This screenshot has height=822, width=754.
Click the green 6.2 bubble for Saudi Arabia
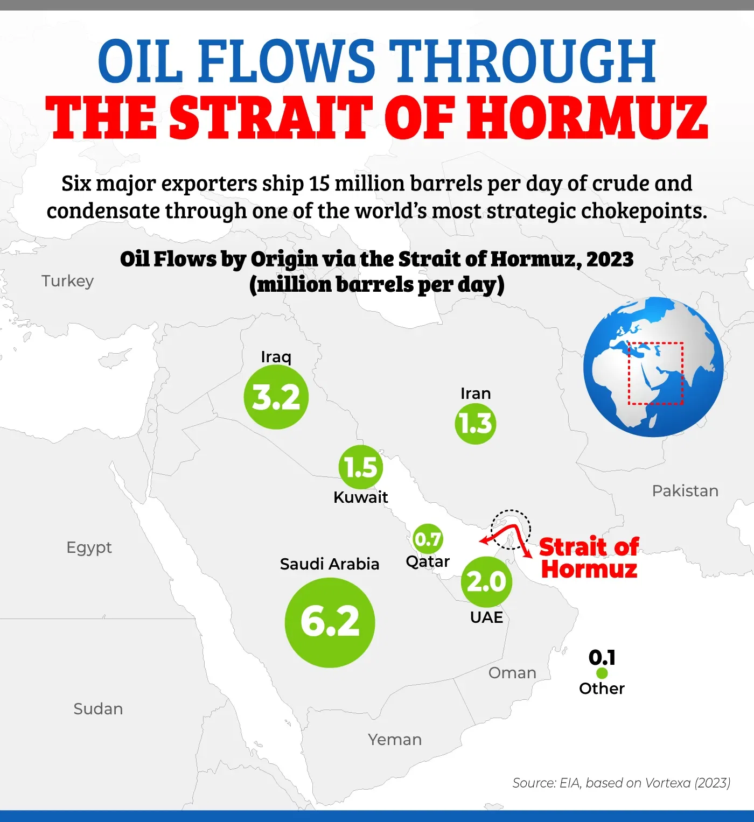coord(330,622)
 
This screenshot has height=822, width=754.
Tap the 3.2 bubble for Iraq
coord(276,397)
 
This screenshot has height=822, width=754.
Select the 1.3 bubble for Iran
coord(476,424)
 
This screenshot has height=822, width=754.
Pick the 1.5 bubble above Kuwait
coord(360,467)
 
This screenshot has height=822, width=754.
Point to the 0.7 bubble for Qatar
coord(428,539)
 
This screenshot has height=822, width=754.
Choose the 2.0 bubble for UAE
coord(486,581)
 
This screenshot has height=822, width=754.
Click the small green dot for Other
coord(602,673)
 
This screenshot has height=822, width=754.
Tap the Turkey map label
coord(68,281)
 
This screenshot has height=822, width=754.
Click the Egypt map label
coord(89,547)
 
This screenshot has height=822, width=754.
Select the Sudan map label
coord(98,709)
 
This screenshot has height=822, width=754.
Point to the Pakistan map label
coord(685,491)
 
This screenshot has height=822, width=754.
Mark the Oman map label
coord(512,673)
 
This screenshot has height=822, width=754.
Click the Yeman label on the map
coord(395,740)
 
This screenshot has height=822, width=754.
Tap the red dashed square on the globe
coord(655,373)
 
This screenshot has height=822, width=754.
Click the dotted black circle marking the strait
coord(511,529)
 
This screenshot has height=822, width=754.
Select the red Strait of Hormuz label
coord(589,558)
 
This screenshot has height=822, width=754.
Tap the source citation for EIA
coord(621,783)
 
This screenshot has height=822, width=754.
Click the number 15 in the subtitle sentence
coord(319,184)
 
